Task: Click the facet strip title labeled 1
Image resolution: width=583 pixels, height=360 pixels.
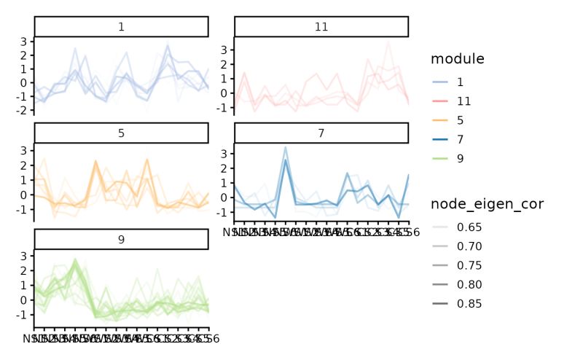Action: point(121,27)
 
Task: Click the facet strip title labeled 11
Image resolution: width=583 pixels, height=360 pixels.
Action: point(321,27)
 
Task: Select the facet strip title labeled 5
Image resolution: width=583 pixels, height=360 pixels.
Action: point(121,133)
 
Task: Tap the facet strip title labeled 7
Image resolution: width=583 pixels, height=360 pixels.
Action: point(321,133)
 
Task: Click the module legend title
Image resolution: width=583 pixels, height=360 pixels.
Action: point(457,58)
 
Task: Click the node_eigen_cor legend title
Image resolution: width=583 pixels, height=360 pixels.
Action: point(486,204)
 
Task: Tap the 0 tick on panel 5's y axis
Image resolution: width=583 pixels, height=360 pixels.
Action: point(24,195)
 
